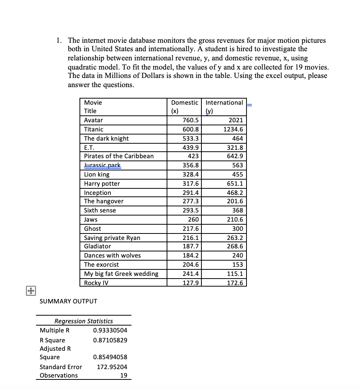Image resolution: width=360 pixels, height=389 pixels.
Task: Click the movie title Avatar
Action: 93,120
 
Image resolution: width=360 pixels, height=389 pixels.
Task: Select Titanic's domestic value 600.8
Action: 190,129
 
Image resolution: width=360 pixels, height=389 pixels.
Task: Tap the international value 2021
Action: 235,120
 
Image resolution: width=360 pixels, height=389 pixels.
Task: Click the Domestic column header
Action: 185,102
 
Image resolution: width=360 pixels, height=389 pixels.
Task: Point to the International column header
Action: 224,102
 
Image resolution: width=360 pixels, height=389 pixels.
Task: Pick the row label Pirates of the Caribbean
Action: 118,156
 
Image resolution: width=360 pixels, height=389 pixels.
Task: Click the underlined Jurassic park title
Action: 102,165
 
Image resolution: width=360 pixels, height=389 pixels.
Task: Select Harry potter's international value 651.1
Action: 235,183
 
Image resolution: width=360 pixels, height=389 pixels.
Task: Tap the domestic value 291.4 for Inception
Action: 190,193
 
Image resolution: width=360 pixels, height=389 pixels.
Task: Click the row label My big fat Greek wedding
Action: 121,274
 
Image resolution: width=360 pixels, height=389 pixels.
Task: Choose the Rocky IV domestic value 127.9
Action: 190,283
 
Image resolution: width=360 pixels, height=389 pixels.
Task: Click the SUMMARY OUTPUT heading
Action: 68,301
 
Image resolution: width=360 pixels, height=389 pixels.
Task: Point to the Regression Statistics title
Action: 84,321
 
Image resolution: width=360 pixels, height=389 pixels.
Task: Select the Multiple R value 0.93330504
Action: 110,330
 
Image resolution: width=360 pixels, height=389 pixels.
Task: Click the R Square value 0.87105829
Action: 110,340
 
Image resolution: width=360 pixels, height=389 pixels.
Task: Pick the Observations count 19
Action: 123,375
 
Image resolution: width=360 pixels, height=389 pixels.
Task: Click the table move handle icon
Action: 30,291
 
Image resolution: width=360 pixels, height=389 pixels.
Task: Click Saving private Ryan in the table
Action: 112,238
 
